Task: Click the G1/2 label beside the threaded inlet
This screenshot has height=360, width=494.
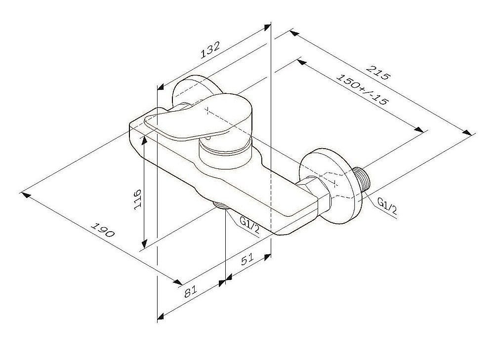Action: tap(387, 206)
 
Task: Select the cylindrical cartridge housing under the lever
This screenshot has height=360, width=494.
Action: tap(225, 153)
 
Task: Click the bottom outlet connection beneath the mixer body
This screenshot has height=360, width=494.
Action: tap(220, 205)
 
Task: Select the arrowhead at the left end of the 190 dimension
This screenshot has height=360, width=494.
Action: tap(26, 195)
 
